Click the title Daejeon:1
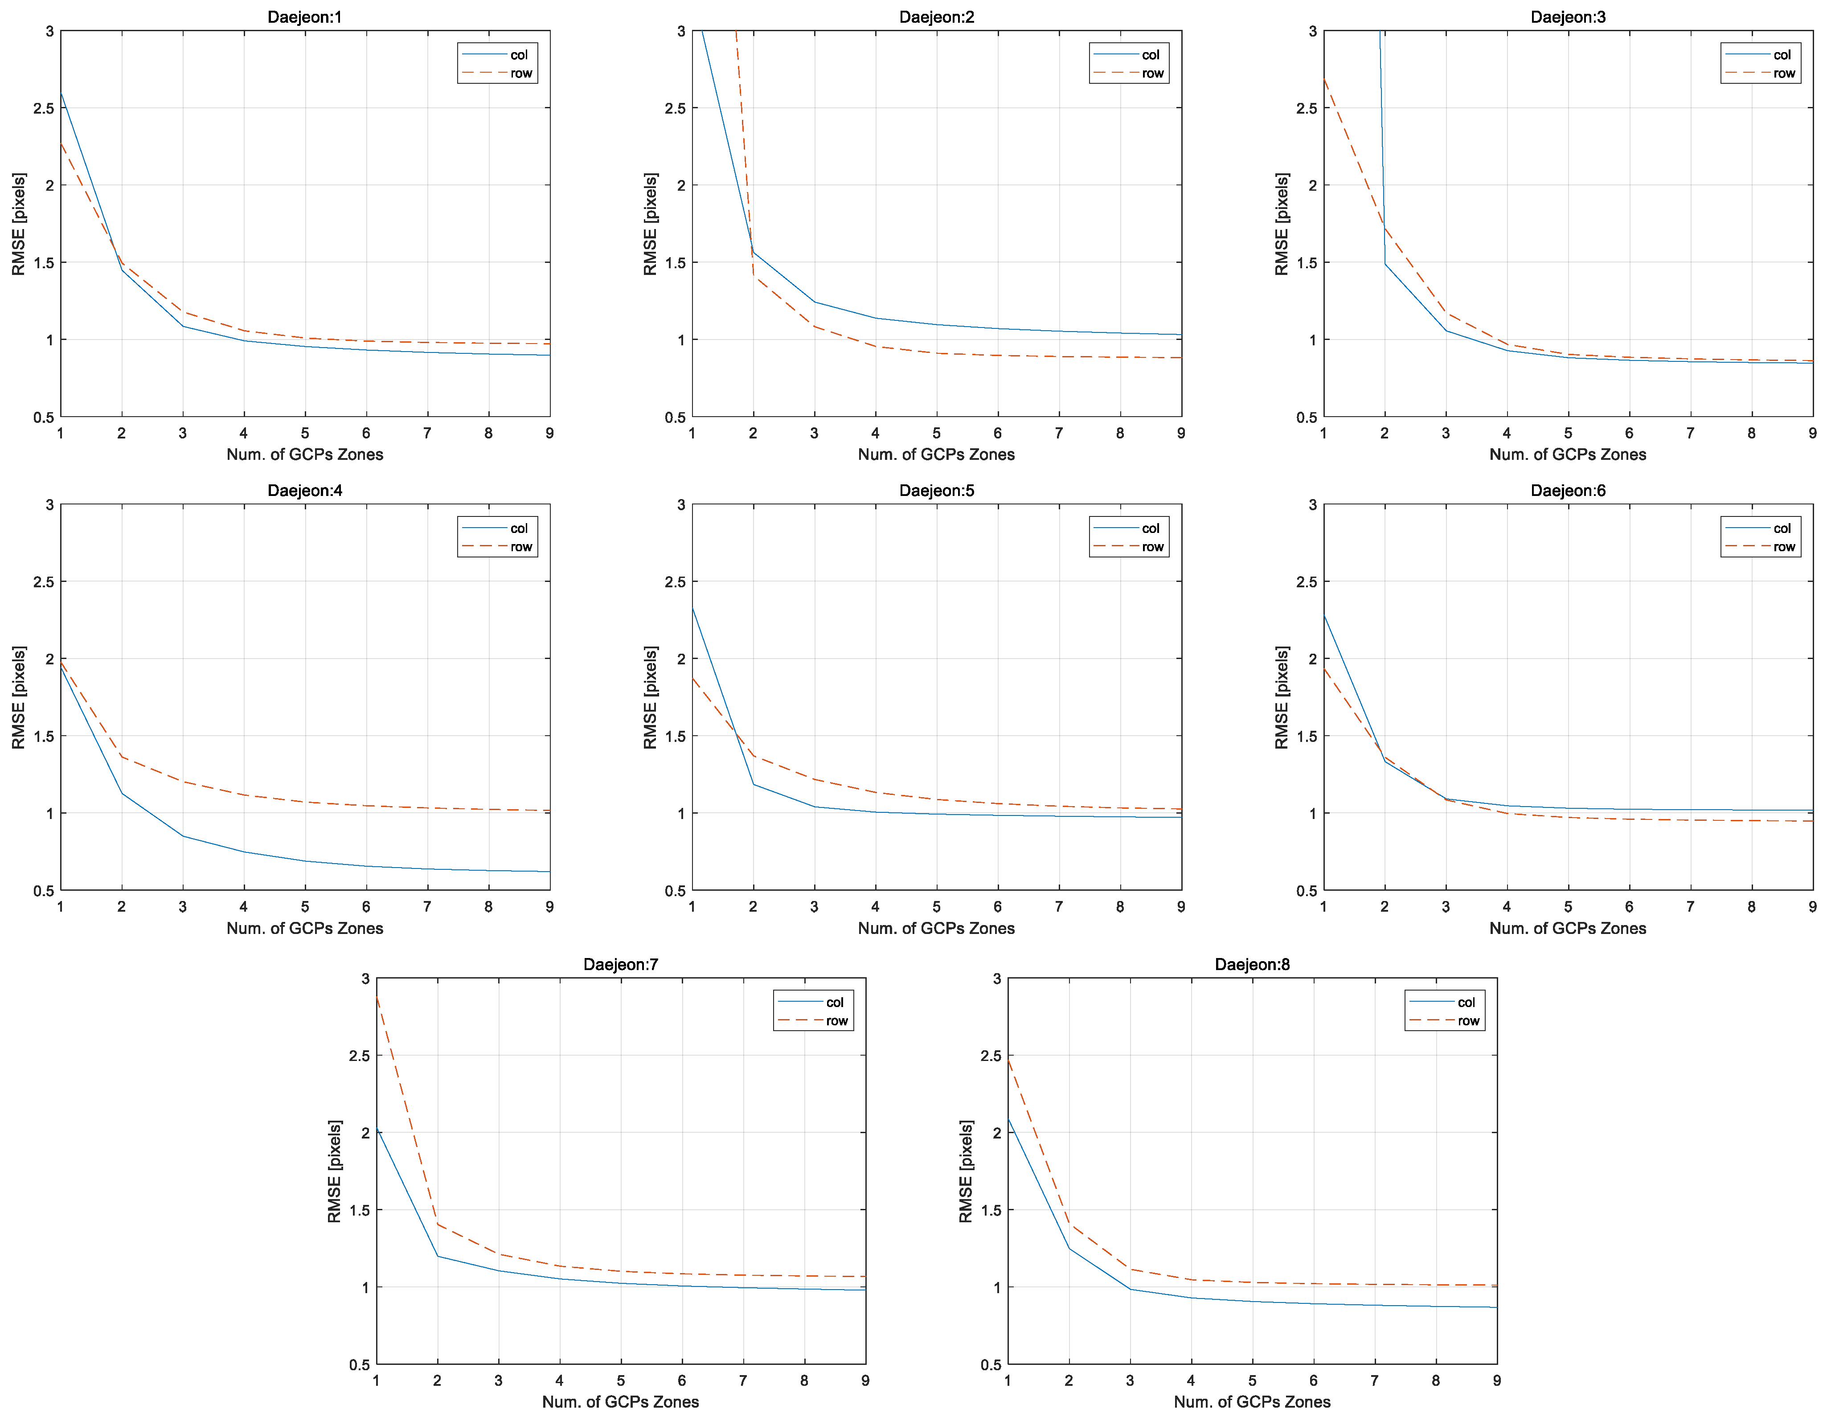coord(304,17)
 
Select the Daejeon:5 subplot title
coord(936,490)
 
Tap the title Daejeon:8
coord(1251,964)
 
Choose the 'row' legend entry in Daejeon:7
coord(836,1020)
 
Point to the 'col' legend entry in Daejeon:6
coord(1782,528)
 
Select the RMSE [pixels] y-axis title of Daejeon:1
coord(18,224)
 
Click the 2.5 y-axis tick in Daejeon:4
coord(44,582)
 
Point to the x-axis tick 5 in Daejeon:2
coord(936,433)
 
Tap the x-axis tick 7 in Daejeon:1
coord(426,433)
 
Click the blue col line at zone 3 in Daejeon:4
coord(183,835)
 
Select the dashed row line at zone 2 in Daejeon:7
coord(438,1225)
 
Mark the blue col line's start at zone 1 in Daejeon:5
coord(692,606)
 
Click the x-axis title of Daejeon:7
coord(620,1402)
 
